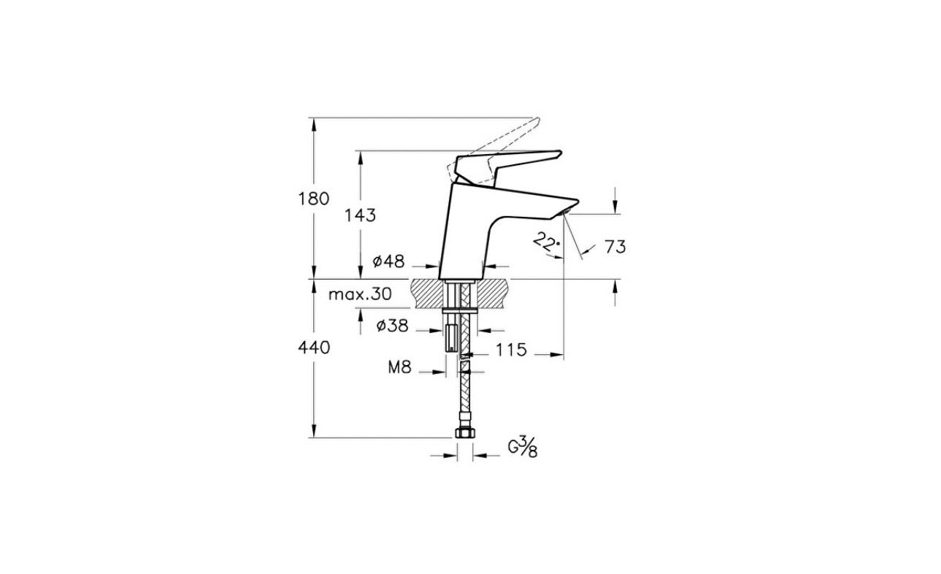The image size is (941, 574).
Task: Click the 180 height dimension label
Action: (x=314, y=199)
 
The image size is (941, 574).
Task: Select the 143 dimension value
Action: (x=360, y=215)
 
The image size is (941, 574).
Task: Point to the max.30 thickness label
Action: (x=359, y=294)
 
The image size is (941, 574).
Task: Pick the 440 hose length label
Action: (x=314, y=348)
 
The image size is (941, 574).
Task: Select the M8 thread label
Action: (x=399, y=369)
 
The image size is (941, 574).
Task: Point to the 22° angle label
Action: (x=545, y=241)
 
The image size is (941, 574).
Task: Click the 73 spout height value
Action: (x=615, y=247)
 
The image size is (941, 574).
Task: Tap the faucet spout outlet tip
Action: (x=567, y=213)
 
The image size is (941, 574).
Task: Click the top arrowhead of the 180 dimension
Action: (x=314, y=123)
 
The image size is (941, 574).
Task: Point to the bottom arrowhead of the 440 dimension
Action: (x=314, y=432)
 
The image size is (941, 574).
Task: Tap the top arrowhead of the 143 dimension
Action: (x=360, y=156)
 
